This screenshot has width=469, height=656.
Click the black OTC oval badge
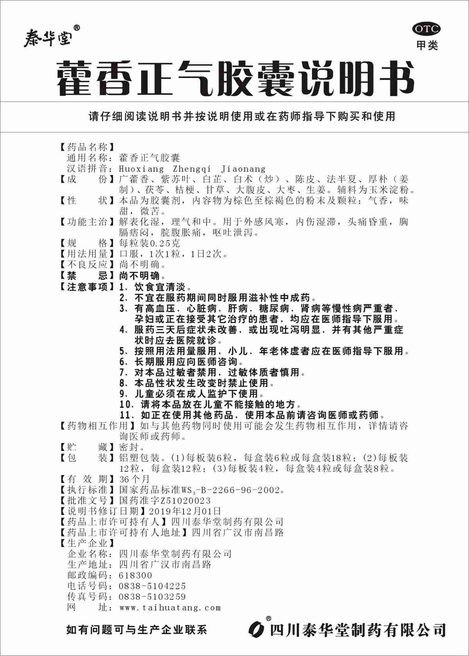pyautogui.click(x=426, y=29)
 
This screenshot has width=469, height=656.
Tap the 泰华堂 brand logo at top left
pyautogui.click(x=48, y=38)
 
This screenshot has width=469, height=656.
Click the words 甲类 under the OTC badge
pyautogui.click(x=427, y=46)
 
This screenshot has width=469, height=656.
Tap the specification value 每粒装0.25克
pyautogui.click(x=150, y=243)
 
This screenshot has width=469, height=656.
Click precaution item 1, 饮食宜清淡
pyautogui.click(x=156, y=287)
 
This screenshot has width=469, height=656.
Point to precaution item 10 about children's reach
pyautogui.click(x=211, y=404)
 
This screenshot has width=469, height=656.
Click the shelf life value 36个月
pyautogui.click(x=134, y=479)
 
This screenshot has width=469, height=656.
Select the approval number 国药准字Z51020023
pyautogui.click(x=165, y=500)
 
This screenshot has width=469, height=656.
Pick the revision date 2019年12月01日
pyautogui.click(x=185, y=511)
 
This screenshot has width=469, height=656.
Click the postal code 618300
pyautogui.click(x=135, y=575)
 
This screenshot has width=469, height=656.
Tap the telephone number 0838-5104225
pyautogui.click(x=152, y=586)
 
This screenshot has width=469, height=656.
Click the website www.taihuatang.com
pyautogui.click(x=170, y=607)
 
